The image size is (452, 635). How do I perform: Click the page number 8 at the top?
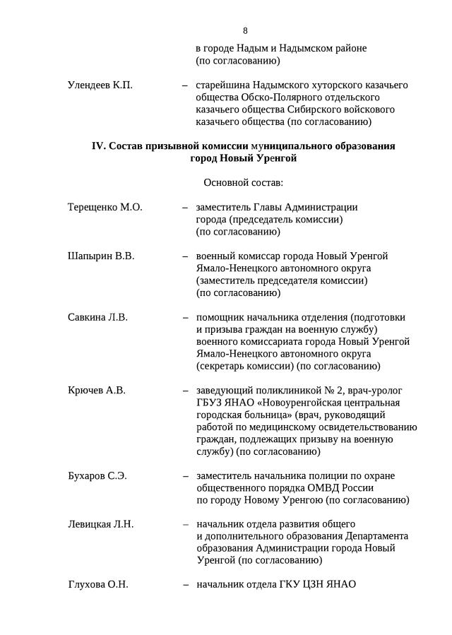pyautogui.click(x=245, y=30)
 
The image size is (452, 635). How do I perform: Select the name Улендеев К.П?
pyautogui.click(x=100, y=85)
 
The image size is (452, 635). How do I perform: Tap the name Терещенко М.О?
pyautogui.click(x=105, y=208)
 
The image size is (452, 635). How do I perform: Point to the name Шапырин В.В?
pyautogui.click(x=101, y=256)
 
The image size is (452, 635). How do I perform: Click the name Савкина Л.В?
pyautogui.click(x=97, y=318)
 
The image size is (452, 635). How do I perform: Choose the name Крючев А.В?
pyautogui.click(x=96, y=391)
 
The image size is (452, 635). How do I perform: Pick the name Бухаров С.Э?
pyautogui.click(x=97, y=476)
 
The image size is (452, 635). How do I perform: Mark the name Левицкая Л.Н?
pyautogui.click(x=100, y=524)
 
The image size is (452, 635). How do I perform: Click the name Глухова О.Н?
pyautogui.click(x=97, y=585)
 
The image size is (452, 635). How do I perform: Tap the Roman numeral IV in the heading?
pyautogui.click(x=98, y=146)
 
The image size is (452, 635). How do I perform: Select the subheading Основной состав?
pyautogui.click(x=243, y=183)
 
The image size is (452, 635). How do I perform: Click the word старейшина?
pyautogui.click(x=225, y=85)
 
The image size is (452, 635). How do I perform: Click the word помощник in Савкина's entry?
pyautogui.click(x=221, y=318)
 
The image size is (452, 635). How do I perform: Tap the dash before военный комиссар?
pyautogui.click(x=185, y=256)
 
